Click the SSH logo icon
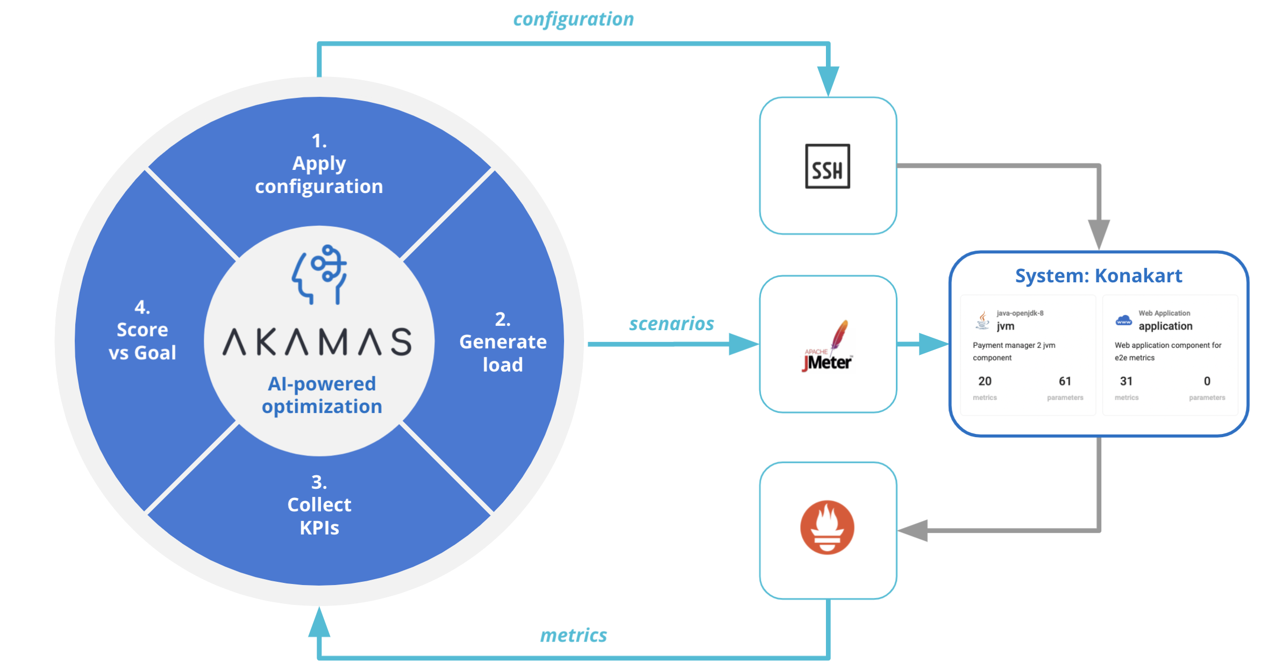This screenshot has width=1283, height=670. [x=827, y=166]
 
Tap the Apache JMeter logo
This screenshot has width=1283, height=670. [x=828, y=347]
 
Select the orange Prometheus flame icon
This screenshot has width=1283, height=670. [x=827, y=528]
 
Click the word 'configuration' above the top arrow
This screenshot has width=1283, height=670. [x=573, y=19]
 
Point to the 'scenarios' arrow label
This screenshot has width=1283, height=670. [x=671, y=324]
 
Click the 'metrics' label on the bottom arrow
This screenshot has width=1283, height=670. [x=573, y=635]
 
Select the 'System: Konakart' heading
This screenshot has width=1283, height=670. [x=1098, y=276]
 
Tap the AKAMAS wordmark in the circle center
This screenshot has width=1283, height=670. [x=318, y=342]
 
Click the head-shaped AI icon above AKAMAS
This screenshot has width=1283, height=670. [x=319, y=274]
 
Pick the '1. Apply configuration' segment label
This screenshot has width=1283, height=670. [x=319, y=164]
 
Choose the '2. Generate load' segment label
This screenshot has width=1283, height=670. [x=503, y=342]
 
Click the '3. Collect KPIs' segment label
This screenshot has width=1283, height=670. [x=319, y=505]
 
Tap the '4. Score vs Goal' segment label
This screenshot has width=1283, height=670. [x=142, y=330]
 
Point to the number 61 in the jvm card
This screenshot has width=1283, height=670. [x=1065, y=381]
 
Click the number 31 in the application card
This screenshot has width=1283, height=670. [x=1126, y=381]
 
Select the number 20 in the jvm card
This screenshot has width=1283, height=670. [x=985, y=381]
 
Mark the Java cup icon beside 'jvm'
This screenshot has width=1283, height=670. [x=982, y=320]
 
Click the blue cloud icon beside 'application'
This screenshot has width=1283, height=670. [x=1123, y=320]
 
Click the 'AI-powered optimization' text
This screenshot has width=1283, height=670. [x=322, y=395]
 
